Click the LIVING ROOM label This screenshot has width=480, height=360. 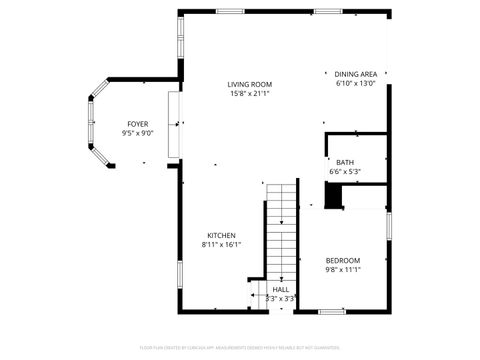(x=249, y=84)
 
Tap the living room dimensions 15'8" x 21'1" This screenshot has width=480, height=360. (x=249, y=94)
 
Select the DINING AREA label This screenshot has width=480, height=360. (x=355, y=74)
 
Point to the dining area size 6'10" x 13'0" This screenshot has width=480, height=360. (x=355, y=84)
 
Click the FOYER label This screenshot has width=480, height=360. (x=137, y=123)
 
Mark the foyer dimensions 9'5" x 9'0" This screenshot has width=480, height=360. (x=137, y=133)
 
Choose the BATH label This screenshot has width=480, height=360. (x=345, y=162)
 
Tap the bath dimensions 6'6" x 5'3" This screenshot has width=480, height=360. (x=345, y=172)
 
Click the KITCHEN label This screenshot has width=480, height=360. (x=221, y=235)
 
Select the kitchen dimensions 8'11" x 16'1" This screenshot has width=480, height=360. (x=221, y=244)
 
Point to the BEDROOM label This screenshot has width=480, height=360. (x=342, y=260)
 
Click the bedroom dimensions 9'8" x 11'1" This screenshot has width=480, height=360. (x=342, y=269)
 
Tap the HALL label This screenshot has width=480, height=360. (x=280, y=288)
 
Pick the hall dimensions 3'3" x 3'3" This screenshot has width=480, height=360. (x=280, y=298)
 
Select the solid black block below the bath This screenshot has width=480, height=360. (x=334, y=199)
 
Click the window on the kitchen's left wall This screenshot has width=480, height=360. (x=180, y=272)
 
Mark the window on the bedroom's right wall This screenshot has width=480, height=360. (x=388, y=226)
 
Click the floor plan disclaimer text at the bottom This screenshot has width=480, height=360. (x=240, y=347)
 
